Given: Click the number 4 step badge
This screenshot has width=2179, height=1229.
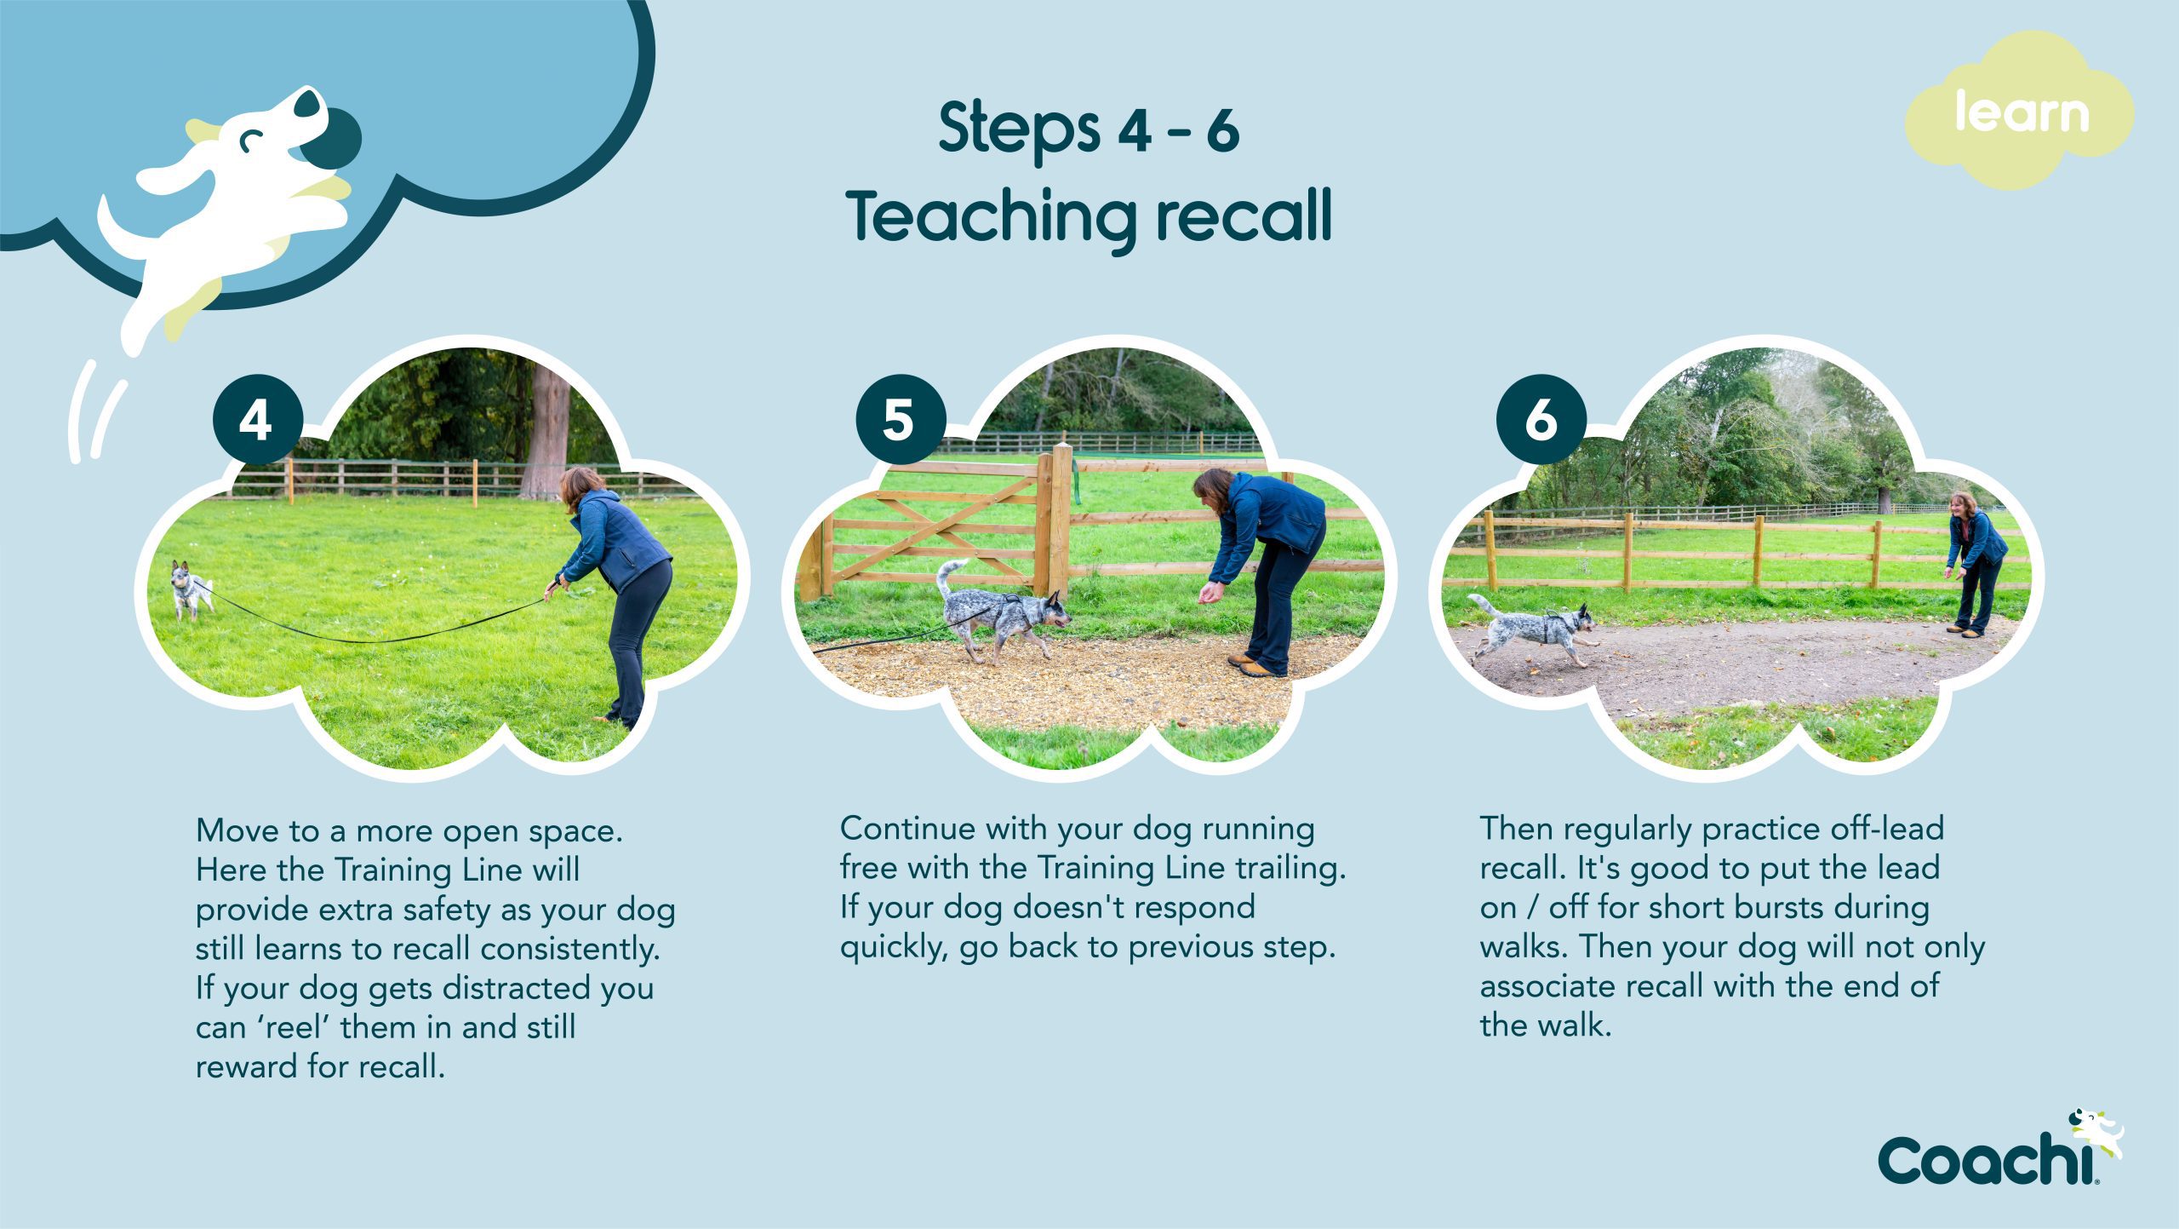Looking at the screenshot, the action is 258,419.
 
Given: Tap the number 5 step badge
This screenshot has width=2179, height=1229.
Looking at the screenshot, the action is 901,419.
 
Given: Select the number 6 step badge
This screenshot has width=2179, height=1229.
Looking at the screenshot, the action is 1541,419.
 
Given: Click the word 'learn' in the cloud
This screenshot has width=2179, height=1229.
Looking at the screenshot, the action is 2022,112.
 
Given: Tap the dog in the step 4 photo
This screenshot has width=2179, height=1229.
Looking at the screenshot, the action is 189,589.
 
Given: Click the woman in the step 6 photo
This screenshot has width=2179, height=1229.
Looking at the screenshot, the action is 1974,564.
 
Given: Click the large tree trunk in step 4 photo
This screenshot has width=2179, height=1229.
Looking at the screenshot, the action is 546,431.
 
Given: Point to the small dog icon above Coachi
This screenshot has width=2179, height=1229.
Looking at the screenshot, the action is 2096,1133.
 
